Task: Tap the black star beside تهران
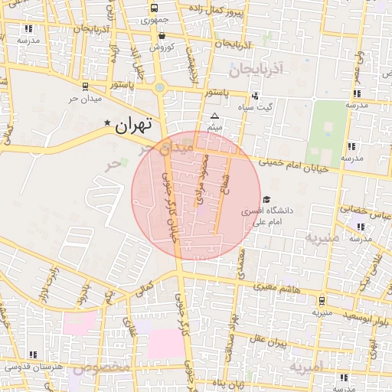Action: coord(107,122)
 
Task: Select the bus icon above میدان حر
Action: coord(83,86)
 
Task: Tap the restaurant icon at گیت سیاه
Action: coord(254,96)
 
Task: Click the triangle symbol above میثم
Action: coord(215,115)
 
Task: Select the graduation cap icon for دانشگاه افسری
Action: coord(266,200)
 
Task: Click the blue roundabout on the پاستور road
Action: coord(159,87)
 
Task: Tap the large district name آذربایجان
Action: coord(256,70)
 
